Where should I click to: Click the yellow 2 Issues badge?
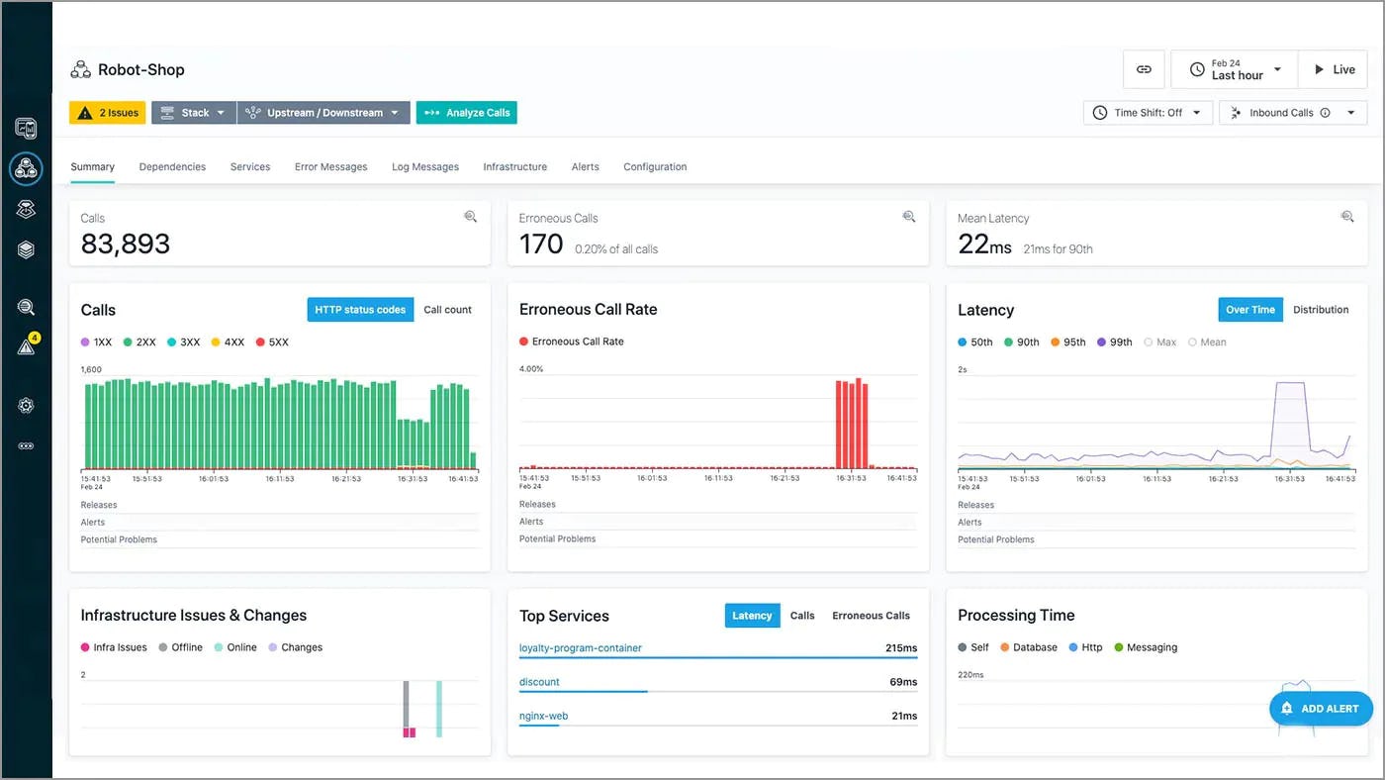108,113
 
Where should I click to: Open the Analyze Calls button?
467,113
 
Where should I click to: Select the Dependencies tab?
172,167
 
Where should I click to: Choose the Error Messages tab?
330,167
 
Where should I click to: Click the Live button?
1333,69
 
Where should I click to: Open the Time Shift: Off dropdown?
1148,113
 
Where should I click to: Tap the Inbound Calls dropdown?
1292,113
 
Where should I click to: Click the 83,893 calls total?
126,244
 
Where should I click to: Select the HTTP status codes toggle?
360,310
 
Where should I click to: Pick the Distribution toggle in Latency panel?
1320,310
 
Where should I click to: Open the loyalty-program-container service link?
581,648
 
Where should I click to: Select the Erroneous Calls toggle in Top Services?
871,616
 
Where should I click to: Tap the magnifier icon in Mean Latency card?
1346,217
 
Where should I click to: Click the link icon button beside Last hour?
1144,69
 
